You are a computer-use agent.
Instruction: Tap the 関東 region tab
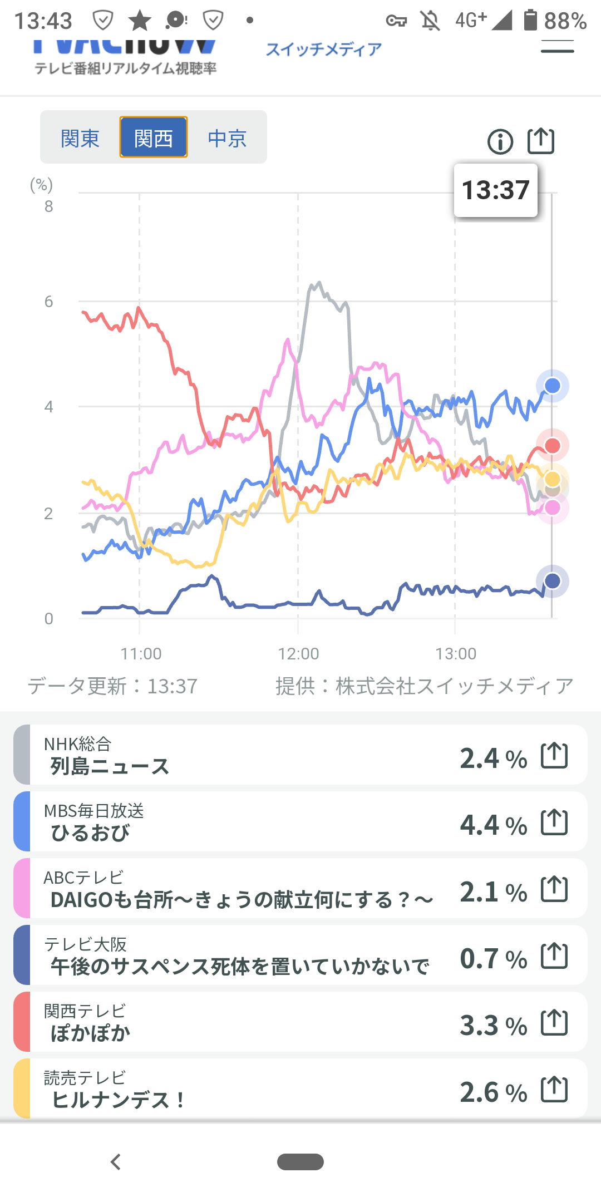pos(80,138)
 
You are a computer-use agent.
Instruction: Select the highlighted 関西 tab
pos(154,138)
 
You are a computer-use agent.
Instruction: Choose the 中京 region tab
pos(227,138)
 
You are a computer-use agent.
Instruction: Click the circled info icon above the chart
pos(500,141)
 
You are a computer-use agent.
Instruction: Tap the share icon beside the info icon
pos(541,140)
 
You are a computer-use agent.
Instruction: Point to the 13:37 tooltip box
pos(495,190)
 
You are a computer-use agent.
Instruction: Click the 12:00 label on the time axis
pos(298,653)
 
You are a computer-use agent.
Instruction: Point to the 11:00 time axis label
pos(141,653)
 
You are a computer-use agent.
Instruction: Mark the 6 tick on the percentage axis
pos(49,302)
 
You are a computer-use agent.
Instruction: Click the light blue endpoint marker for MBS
pos(552,386)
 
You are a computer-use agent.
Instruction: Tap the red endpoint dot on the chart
pos(552,445)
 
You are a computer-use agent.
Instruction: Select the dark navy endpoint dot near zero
pos(552,581)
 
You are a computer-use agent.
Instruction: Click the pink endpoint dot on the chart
pos(552,508)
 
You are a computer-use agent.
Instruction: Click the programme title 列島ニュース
pos(110,766)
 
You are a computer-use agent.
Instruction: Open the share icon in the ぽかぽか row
pos(554,1022)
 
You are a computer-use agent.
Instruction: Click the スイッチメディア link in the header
pos(324,50)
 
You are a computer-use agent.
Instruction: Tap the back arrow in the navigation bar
pos(116,1162)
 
